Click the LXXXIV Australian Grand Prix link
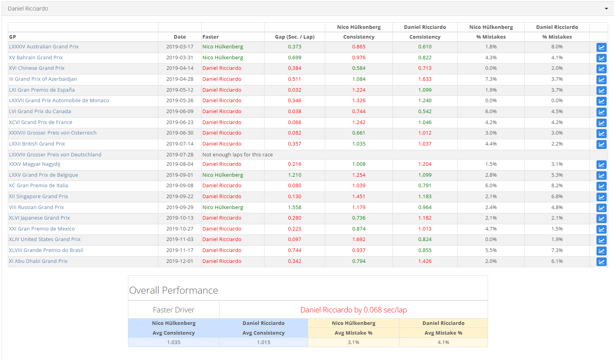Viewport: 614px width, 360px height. pyautogui.click(x=44, y=47)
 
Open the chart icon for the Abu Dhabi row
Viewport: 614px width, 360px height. pyautogui.click(x=601, y=262)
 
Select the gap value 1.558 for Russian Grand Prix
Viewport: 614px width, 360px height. pyautogui.click(x=295, y=207)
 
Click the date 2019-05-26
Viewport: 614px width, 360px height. pyautogui.click(x=179, y=101)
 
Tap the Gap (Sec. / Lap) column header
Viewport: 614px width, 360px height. pyautogui.click(x=295, y=37)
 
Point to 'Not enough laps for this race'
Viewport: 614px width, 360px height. pyautogui.click(x=237, y=155)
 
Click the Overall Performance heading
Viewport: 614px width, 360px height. pyautogui.click(x=173, y=291)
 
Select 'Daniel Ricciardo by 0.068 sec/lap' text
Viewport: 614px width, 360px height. pyautogui.click(x=353, y=310)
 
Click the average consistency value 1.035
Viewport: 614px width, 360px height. pyautogui.click(x=174, y=342)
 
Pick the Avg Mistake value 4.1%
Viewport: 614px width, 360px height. pyautogui.click(x=443, y=342)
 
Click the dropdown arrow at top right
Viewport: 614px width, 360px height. pyautogui.click(x=606, y=9)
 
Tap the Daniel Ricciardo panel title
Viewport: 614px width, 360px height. pyautogui.click(x=28, y=9)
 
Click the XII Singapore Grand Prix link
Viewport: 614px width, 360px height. pyautogui.click(x=38, y=197)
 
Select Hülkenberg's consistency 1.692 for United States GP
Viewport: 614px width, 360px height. pyautogui.click(x=358, y=239)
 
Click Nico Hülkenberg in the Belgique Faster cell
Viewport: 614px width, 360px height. pyautogui.click(x=222, y=175)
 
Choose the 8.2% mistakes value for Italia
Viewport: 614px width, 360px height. pyautogui.click(x=557, y=186)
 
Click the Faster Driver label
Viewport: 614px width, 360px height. pyautogui.click(x=173, y=310)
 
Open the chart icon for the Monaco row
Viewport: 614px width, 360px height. pyautogui.click(x=601, y=101)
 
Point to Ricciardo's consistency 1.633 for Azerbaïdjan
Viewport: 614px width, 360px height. pyautogui.click(x=425, y=79)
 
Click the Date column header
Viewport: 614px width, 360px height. pyautogui.click(x=179, y=37)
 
